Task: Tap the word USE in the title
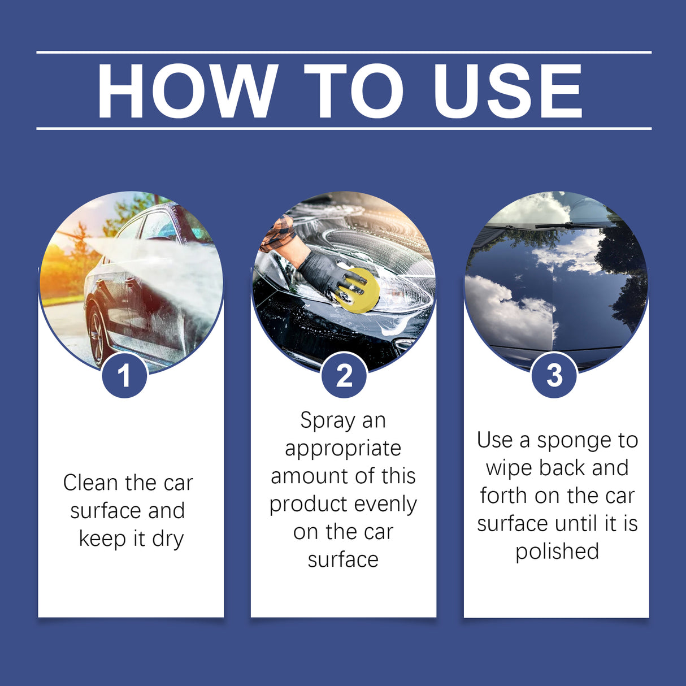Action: [507, 91]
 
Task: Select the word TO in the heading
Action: [354, 91]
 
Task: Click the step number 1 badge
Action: [124, 375]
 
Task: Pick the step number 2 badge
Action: [344, 375]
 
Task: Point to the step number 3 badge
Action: [554, 375]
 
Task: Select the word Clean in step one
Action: [91, 483]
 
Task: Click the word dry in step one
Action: [168, 539]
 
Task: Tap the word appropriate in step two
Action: [343, 448]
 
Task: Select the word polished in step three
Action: [557, 552]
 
